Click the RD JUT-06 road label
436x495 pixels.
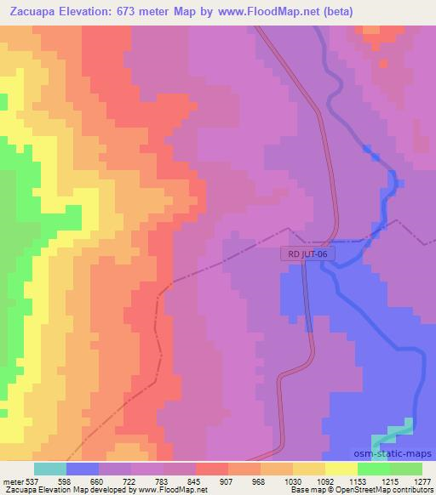(306, 253)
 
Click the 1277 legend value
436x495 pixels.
(421, 481)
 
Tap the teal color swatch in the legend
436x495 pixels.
(50, 469)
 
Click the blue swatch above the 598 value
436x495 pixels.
(83, 469)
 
